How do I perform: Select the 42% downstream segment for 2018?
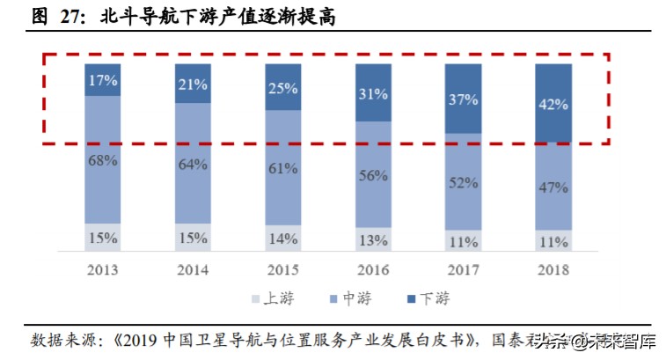tap(554, 104)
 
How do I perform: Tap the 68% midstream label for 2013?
tap(104, 159)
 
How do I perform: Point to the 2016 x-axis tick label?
tap(374, 268)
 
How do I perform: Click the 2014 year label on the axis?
tap(194, 268)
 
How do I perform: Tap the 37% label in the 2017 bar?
tap(465, 99)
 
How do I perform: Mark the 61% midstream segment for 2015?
tap(284, 168)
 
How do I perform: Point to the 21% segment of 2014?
tap(194, 84)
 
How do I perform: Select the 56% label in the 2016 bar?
tap(374, 174)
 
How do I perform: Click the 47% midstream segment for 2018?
tap(554, 187)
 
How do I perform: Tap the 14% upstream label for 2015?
tap(284, 238)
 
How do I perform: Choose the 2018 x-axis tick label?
tap(554, 268)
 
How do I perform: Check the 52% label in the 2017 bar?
tap(465, 182)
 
